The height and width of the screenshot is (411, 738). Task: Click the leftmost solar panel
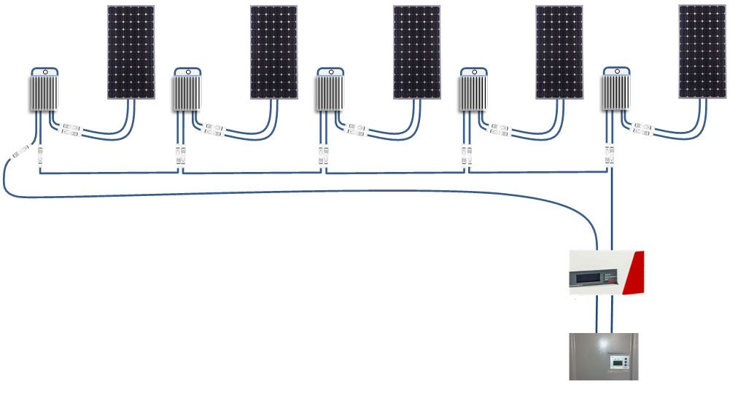point(131,52)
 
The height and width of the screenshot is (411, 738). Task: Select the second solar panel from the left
point(274,52)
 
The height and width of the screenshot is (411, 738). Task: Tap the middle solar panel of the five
point(416,52)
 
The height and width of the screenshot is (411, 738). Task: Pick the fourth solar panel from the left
point(559,52)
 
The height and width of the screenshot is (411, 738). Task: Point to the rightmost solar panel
point(702,52)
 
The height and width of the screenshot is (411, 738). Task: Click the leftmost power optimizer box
point(44,93)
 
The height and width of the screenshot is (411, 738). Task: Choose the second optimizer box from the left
point(187,93)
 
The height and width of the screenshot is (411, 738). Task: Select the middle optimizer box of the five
point(330,93)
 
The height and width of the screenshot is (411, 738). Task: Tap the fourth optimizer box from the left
point(473,93)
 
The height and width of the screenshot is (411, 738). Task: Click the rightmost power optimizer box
point(616,93)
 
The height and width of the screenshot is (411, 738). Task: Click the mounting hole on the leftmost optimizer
point(44,72)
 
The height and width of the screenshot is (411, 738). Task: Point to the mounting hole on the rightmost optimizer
point(616,72)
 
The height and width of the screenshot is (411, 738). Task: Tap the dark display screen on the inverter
point(591,277)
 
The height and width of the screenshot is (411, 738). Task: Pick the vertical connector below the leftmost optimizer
point(39,154)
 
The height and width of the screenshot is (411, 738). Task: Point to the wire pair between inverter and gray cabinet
point(604,313)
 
